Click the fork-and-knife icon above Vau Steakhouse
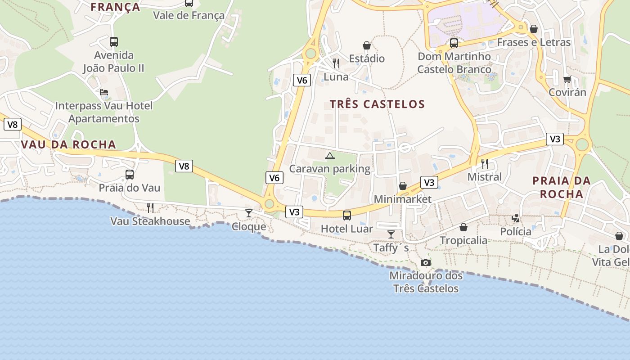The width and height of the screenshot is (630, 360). (x=150, y=207)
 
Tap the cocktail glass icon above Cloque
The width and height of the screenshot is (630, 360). (x=249, y=213)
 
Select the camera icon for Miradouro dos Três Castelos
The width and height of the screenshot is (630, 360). (x=426, y=262)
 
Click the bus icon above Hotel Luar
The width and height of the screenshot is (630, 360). (x=347, y=215)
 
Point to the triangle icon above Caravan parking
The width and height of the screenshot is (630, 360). (x=330, y=156)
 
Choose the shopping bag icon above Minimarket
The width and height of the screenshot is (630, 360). (x=403, y=186)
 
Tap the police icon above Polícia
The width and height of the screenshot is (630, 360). (x=516, y=218)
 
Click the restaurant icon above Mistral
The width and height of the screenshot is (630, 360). (x=485, y=163)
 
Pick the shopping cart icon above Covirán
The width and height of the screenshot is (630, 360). (x=567, y=79)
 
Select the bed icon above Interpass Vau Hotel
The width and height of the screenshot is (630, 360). (x=104, y=92)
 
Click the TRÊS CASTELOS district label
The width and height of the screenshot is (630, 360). (x=377, y=104)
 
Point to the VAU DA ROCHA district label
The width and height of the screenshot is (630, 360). (x=68, y=144)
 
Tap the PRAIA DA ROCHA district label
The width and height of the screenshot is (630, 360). (x=562, y=187)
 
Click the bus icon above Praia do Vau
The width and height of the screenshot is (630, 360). (x=130, y=175)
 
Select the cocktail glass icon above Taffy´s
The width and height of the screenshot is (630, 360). (x=391, y=234)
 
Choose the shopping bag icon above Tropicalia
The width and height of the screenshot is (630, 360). (x=463, y=227)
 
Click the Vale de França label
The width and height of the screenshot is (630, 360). (x=189, y=15)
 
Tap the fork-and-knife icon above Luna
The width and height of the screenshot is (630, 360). (x=336, y=63)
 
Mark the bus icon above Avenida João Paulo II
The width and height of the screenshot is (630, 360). (x=114, y=42)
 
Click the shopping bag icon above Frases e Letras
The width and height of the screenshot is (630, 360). (x=534, y=29)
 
